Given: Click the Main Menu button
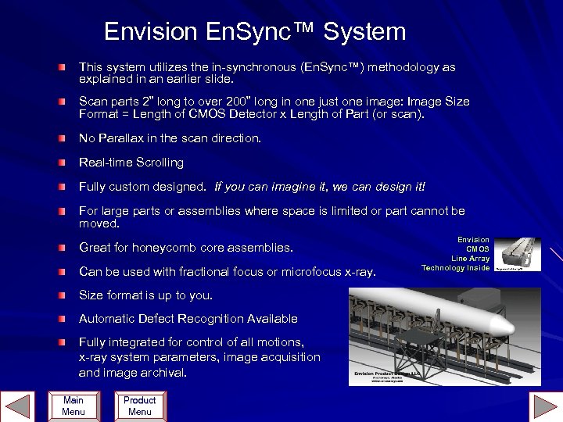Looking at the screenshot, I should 73,406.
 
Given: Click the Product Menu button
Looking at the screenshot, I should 139,406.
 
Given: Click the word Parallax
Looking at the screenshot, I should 124,138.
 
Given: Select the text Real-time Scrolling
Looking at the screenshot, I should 131,163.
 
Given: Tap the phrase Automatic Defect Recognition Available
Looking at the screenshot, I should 188,319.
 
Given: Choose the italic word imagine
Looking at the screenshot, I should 280,187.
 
